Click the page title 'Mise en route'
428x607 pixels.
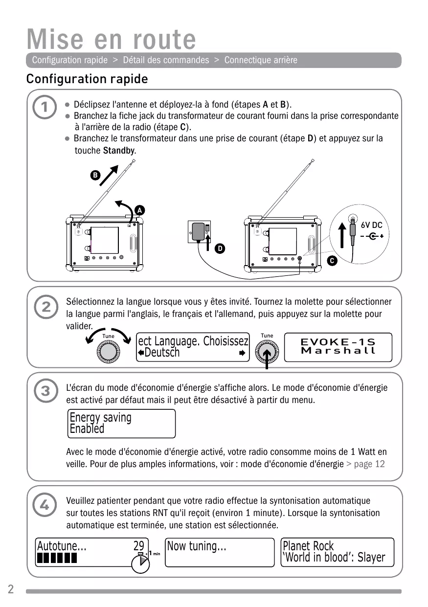pos(111,39)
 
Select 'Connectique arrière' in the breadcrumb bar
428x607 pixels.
pos(261,60)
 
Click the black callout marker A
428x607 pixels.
pos(139,210)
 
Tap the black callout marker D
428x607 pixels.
pos(221,249)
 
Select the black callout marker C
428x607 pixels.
pos(332,261)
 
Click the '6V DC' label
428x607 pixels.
pos(371,225)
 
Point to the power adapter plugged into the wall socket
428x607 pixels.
pos(199,231)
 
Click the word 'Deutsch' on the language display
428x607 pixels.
pos(162,353)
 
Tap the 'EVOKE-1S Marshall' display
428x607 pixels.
pos(338,347)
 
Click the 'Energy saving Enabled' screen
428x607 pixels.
pos(121,424)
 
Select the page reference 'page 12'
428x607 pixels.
pos(366,464)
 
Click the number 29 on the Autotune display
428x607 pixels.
pos(139,546)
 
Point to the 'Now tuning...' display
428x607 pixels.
pos(220,552)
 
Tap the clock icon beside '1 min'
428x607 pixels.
pos(140,565)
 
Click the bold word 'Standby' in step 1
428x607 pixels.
pos(119,151)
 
